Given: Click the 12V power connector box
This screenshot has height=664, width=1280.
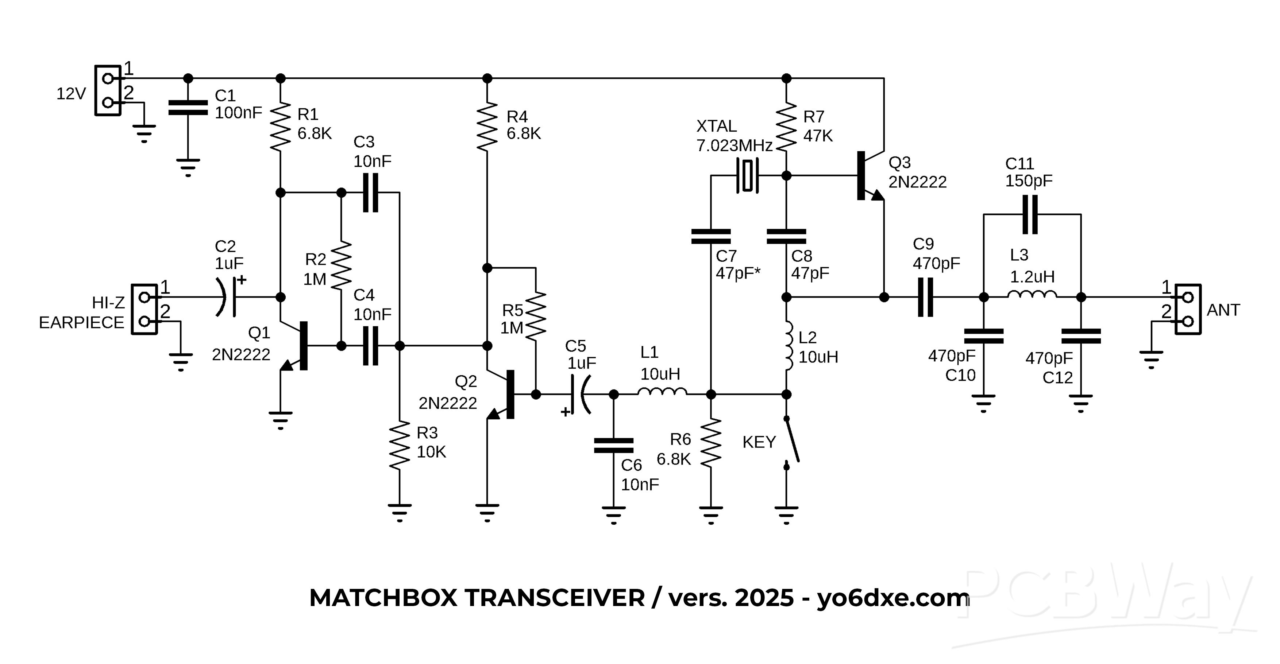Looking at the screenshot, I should point(108,90).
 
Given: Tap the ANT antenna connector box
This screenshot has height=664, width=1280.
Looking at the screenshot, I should point(1188,310).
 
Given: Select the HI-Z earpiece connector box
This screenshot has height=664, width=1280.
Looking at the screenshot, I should point(144,310).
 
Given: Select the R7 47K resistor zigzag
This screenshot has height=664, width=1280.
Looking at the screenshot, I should point(786,127).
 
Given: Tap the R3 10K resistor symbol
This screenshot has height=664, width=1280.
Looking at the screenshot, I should point(400,446).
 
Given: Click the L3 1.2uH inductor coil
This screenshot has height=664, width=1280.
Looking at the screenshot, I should point(1032,295).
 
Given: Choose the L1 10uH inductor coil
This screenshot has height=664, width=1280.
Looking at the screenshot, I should point(662,392).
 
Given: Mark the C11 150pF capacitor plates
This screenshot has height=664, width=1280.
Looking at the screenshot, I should point(1030,214).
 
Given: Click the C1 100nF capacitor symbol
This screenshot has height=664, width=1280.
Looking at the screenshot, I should point(188,108).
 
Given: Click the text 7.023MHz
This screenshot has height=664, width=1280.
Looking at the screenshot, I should point(734,145).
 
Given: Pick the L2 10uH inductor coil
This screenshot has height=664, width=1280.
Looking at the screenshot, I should point(788,346).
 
